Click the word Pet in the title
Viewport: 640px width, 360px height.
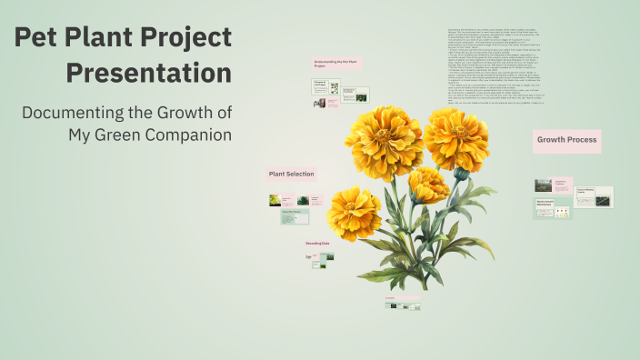(41, 38)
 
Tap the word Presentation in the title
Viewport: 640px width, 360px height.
(148, 72)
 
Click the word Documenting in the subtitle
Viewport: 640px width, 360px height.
(79, 113)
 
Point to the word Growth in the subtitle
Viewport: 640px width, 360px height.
(180, 113)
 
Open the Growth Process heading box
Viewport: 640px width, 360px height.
(566, 140)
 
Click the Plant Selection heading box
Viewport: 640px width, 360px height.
(291, 174)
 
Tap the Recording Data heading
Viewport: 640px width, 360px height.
(317, 245)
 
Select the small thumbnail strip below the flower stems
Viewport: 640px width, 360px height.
(402, 305)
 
